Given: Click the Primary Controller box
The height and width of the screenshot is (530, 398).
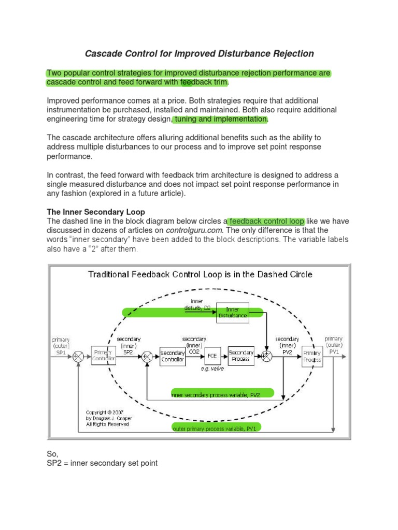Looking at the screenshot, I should click(x=103, y=356).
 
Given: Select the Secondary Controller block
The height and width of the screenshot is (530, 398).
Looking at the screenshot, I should click(x=173, y=356).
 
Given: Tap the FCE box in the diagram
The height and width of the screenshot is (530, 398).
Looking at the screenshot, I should click(x=211, y=356).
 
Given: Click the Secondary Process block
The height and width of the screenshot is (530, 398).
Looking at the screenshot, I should click(x=241, y=356).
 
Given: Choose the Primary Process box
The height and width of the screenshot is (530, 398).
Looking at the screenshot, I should click(x=312, y=356).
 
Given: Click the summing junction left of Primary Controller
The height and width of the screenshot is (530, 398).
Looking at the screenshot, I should click(x=78, y=356).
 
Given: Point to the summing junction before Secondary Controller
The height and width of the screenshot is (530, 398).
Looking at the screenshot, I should click(x=147, y=356).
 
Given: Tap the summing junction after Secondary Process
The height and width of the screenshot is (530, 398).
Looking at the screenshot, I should click(x=267, y=356).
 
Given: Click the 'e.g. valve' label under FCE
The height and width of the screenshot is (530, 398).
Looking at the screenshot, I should click(x=211, y=369).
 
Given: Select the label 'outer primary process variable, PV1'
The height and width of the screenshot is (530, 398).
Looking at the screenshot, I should click(x=216, y=427).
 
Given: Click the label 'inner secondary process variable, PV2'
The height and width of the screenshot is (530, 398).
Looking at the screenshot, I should click(x=215, y=394).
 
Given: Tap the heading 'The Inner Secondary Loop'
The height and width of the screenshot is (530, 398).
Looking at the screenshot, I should click(x=96, y=212).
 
